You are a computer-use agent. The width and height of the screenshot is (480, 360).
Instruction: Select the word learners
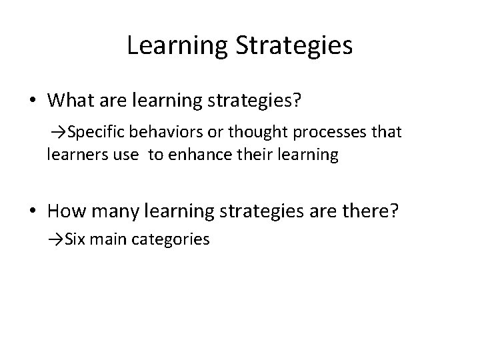pos(74,155)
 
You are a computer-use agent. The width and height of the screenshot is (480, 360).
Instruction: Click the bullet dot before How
pos(32,211)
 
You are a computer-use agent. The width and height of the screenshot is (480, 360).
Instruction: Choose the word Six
pos(77,239)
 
